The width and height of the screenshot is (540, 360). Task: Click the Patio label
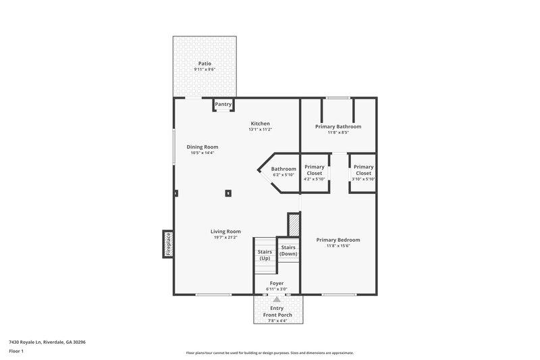(205, 63)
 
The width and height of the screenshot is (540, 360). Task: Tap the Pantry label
(223, 105)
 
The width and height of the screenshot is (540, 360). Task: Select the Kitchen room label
(261, 124)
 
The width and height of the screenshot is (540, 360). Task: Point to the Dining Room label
(202, 147)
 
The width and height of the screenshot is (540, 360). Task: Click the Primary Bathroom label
(338, 126)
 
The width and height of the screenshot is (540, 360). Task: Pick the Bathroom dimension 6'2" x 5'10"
(283, 175)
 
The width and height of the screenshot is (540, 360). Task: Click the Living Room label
(225, 231)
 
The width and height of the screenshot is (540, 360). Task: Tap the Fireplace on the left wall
(168, 243)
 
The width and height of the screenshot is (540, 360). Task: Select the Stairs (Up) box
(265, 255)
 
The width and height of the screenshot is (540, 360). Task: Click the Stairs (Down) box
(288, 251)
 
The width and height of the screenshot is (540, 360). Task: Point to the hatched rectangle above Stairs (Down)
(293, 224)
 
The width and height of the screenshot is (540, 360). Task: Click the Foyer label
(276, 283)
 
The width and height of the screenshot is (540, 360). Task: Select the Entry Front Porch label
(277, 311)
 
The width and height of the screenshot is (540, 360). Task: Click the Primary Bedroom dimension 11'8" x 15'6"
(338, 246)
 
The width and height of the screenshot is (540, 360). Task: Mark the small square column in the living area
(228, 193)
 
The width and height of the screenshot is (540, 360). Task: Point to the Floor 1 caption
(16, 352)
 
